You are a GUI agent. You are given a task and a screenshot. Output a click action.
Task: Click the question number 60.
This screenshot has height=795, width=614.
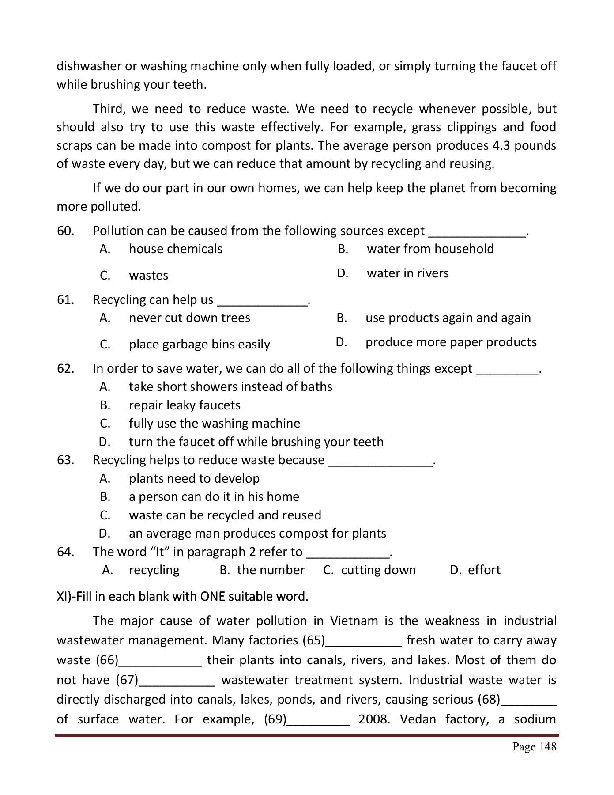65,231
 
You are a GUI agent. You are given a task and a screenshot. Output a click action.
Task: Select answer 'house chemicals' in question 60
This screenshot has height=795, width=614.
175,249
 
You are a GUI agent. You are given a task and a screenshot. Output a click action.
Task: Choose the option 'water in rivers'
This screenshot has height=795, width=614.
407,273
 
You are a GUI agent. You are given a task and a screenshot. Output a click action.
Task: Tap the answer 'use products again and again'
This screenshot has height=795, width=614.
448,318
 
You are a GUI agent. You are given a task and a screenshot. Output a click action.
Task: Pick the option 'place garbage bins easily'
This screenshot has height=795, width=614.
199,344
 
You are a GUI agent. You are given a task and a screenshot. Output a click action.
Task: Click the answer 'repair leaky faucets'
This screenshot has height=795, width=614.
185,405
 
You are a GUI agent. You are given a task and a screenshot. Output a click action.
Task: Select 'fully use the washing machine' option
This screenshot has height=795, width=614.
214,424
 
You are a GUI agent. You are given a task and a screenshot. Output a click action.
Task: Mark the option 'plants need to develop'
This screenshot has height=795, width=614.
194,479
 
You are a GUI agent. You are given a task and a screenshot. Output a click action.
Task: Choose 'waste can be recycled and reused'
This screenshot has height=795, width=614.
225,515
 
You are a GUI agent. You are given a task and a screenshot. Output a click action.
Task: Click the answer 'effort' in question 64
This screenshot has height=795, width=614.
484,570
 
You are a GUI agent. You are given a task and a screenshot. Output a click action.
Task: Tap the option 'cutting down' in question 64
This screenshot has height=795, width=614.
378,570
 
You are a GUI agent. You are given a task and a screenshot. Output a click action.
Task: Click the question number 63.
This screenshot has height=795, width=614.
65,460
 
